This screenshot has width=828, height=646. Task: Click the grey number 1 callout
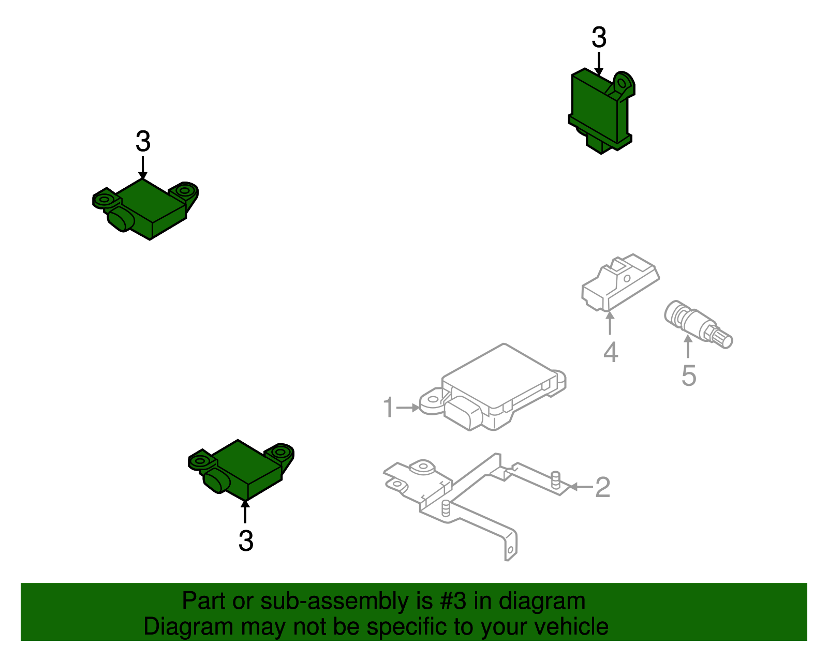(x=389, y=407)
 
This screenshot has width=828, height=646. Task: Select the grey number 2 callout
(x=602, y=487)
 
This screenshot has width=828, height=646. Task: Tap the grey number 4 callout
(x=611, y=353)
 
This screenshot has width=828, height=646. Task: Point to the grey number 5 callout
(x=689, y=375)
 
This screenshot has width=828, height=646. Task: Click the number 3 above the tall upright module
(x=599, y=37)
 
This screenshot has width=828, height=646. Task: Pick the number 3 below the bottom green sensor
(x=246, y=540)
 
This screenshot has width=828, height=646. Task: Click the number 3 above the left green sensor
(x=143, y=141)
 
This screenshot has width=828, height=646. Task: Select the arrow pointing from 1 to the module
(x=408, y=408)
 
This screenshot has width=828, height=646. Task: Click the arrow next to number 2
(x=581, y=487)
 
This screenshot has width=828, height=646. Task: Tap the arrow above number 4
(x=610, y=323)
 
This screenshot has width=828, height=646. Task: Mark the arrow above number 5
(x=688, y=347)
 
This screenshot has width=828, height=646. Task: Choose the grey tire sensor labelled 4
(x=620, y=282)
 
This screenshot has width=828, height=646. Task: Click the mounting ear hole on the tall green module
(x=622, y=83)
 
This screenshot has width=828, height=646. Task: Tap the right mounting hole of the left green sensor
(x=185, y=190)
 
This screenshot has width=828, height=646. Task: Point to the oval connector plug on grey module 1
(x=463, y=413)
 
